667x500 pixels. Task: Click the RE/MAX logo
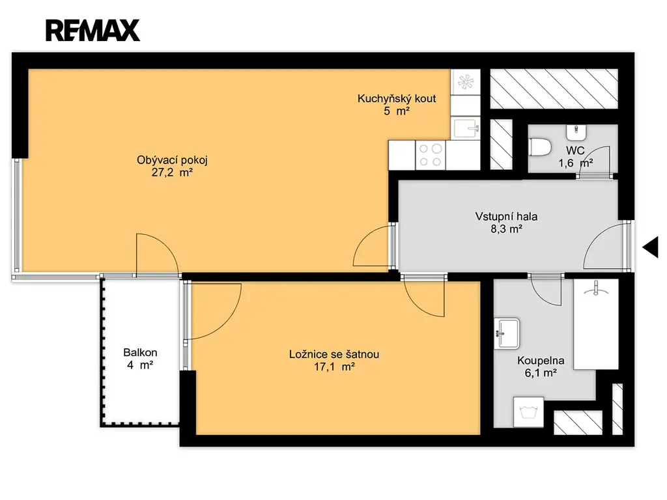pos(92,30)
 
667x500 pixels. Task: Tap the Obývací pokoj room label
pos(172,160)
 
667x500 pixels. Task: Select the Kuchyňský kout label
pos(397,99)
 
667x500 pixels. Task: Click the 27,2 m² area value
pos(172,173)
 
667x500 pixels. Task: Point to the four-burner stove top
pos(431,155)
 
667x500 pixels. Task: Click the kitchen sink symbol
pos(465,129)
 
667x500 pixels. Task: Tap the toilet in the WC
pos(540,147)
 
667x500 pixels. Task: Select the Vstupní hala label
pos(506,216)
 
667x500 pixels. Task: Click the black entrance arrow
pos(651,247)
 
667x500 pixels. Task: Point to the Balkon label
pos(141,352)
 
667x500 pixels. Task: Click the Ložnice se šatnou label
pos(334,354)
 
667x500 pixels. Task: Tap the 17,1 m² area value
pos(334,367)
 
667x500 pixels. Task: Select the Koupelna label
pos(541,361)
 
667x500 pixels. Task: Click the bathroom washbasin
pos(507,334)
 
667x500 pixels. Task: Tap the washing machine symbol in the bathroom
pos(529,412)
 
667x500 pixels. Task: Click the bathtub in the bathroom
pos(595,324)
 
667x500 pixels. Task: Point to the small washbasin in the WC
pos(576,132)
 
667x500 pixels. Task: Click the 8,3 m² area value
pos(506,229)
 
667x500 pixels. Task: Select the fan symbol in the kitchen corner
pos(465,81)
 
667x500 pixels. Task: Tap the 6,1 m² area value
pos(541,373)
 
